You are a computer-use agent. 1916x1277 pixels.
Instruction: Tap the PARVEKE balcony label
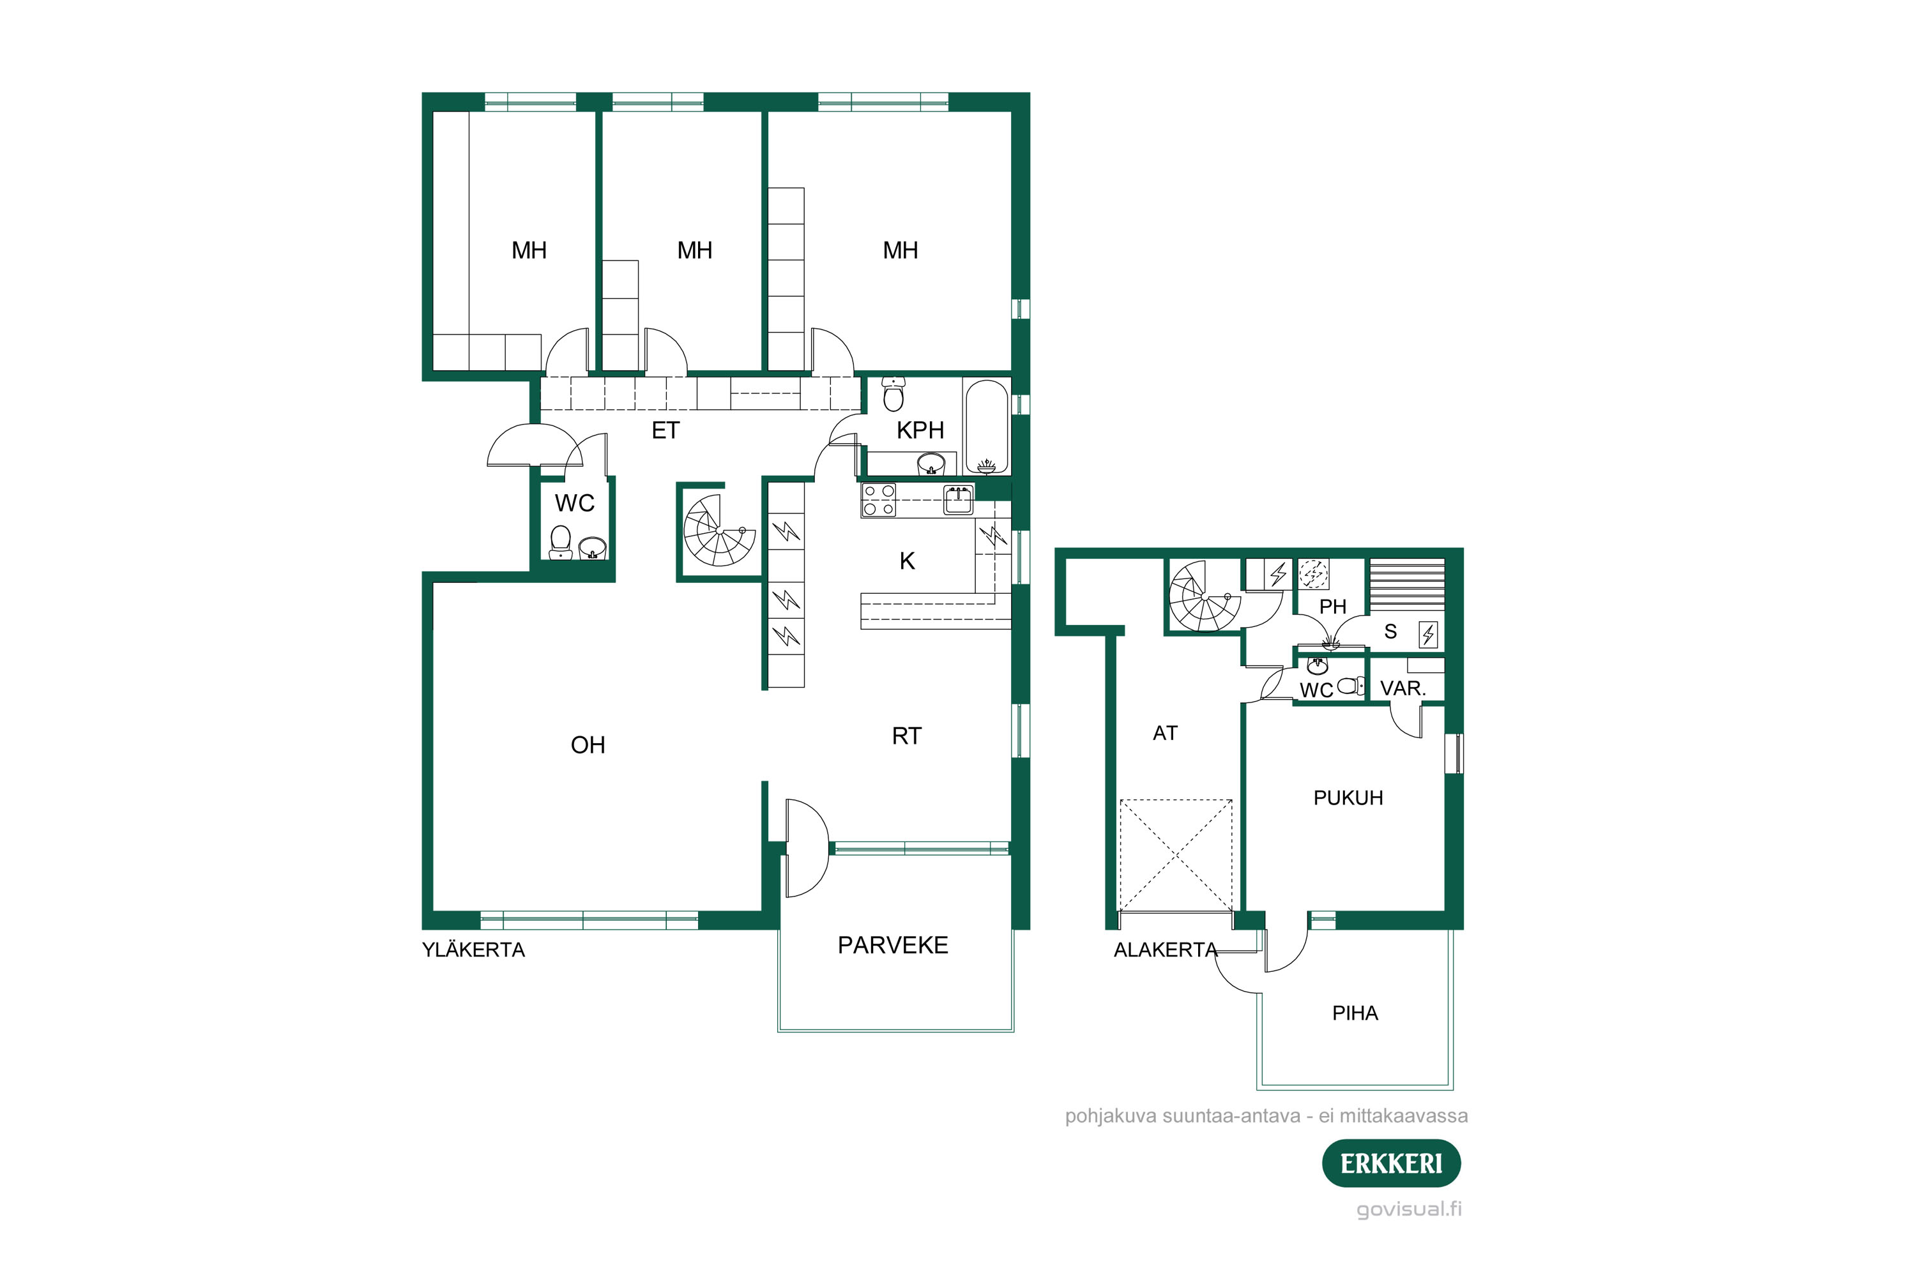pyautogui.click(x=893, y=945)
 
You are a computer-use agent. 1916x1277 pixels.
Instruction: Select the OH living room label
pyautogui.click(x=588, y=744)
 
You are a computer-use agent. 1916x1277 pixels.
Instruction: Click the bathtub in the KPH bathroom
pyautogui.click(x=987, y=427)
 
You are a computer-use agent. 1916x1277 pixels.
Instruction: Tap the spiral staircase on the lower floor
pyautogui.click(x=1204, y=596)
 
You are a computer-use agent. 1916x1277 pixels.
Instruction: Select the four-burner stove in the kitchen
pyautogui.click(x=879, y=500)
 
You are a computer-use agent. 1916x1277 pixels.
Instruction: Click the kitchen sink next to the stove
pyautogui.click(x=958, y=500)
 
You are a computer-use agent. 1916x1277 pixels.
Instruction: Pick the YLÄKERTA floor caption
pyautogui.click(x=473, y=949)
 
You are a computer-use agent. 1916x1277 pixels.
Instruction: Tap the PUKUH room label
pyautogui.click(x=1348, y=797)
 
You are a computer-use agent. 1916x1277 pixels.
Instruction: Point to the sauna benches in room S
pyautogui.click(x=1407, y=585)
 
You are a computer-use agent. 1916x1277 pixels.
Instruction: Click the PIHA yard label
pyautogui.click(x=1355, y=1013)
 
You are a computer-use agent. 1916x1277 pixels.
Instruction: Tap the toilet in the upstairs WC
pyautogui.click(x=561, y=542)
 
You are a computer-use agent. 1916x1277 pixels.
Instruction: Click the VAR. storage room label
pyautogui.click(x=1403, y=688)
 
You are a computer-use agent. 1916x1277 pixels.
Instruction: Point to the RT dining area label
pyautogui.click(x=907, y=736)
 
